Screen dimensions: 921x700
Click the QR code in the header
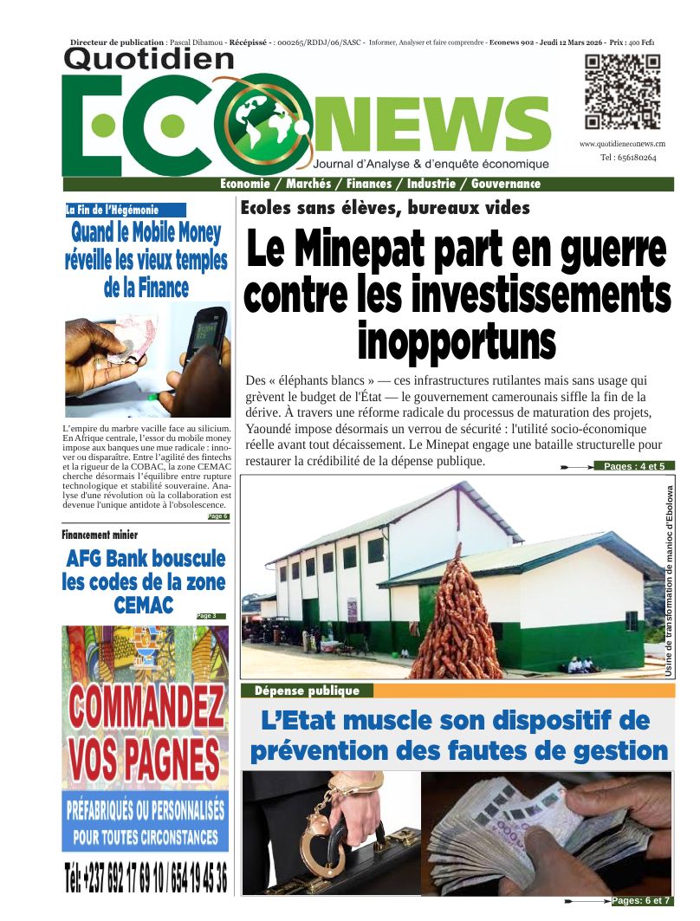tap(622, 92)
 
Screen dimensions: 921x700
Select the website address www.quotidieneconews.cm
tap(622, 144)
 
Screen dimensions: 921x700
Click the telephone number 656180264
tap(628, 158)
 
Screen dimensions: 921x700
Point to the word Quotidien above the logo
tap(149, 59)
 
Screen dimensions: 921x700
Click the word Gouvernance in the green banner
tap(506, 184)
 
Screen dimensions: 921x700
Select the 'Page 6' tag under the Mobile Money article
tap(217, 516)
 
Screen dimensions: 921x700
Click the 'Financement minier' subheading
tap(100, 535)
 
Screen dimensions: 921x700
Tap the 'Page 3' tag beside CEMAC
tap(208, 616)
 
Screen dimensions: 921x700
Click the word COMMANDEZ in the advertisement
tap(146, 707)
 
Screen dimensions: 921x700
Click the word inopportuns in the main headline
tap(457, 340)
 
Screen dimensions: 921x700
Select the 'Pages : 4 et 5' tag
tap(634, 466)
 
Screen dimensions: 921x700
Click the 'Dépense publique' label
tap(307, 691)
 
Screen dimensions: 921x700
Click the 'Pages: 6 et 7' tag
tap(641, 900)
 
